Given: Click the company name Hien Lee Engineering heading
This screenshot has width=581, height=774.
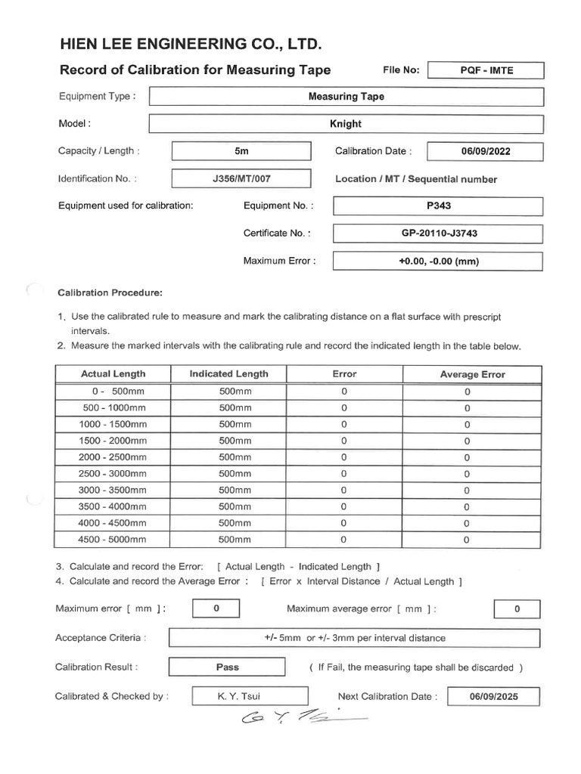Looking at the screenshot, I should pos(191,46).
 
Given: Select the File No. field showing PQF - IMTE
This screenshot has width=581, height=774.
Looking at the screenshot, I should pos(486,70).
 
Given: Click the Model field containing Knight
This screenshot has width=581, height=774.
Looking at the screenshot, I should pos(346,124).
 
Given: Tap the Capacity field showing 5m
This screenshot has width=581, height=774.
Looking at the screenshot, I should pos(241,151).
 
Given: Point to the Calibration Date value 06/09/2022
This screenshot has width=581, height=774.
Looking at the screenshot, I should pos(485,151).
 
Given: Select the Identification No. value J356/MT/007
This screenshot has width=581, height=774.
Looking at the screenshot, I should pos(241,179).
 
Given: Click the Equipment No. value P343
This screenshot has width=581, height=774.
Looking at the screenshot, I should pos(438,206).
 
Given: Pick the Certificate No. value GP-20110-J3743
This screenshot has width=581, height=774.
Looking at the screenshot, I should pos(438,234).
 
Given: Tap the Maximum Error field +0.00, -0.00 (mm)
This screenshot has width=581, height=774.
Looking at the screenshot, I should pos(438,261).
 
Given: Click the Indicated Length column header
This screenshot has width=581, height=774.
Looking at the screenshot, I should pos(228,374).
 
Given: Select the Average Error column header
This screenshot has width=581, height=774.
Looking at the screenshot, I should pos(472,374).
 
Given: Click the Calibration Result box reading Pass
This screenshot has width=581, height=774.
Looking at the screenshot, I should pos(227,667).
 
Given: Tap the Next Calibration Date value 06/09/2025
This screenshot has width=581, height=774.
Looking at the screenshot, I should pos(494,697).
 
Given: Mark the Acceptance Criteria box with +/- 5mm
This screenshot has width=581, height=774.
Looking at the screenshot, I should pos(355,638).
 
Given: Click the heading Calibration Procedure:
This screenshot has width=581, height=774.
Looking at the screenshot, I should pos(110,293).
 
